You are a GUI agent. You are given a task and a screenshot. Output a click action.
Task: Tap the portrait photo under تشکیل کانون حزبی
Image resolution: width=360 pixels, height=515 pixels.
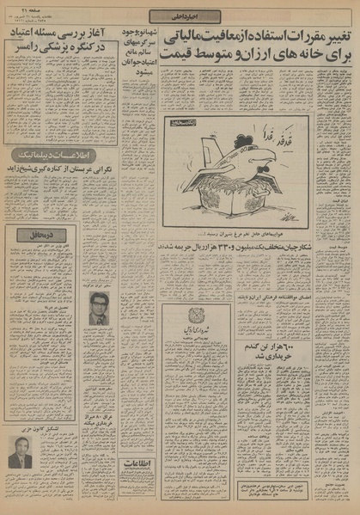pos(21,452)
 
